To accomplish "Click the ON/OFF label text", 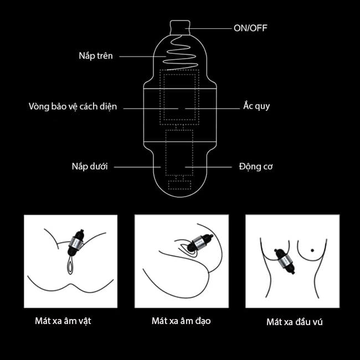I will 251,27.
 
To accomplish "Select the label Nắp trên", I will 95,56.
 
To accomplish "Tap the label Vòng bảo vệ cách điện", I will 73,106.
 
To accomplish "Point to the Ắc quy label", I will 256,106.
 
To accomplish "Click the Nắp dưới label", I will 89,166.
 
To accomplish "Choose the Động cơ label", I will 256,166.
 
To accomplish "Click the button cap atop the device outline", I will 179,26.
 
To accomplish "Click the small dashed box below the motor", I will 179,182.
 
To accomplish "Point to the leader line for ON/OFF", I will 211,27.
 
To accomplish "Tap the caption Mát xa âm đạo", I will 181,320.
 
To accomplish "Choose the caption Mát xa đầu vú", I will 294,321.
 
